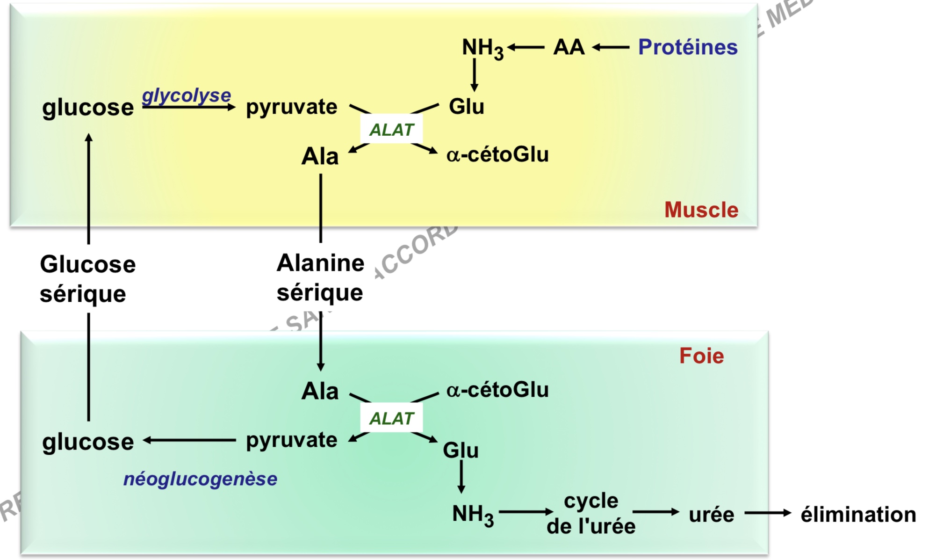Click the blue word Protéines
coord(687,47)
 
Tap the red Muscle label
coord(701,210)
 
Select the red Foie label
coord(701,356)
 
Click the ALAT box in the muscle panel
coord(391,129)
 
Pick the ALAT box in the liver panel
coord(391,418)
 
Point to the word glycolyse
coord(186,95)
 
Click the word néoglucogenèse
coord(200,479)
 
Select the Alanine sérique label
coord(320,277)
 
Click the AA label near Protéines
coord(569,47)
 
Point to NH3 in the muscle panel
coord(482,48)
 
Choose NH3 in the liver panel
coord(472,515)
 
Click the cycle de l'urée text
coord(591,513)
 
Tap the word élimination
coord(858,515)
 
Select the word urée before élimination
coord(711,515)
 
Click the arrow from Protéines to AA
coord(611,47)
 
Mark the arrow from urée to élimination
coord(767,513)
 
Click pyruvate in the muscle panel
coord(291,107)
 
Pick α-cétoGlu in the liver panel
coord(497,390)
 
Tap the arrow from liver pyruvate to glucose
coord(189,440)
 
